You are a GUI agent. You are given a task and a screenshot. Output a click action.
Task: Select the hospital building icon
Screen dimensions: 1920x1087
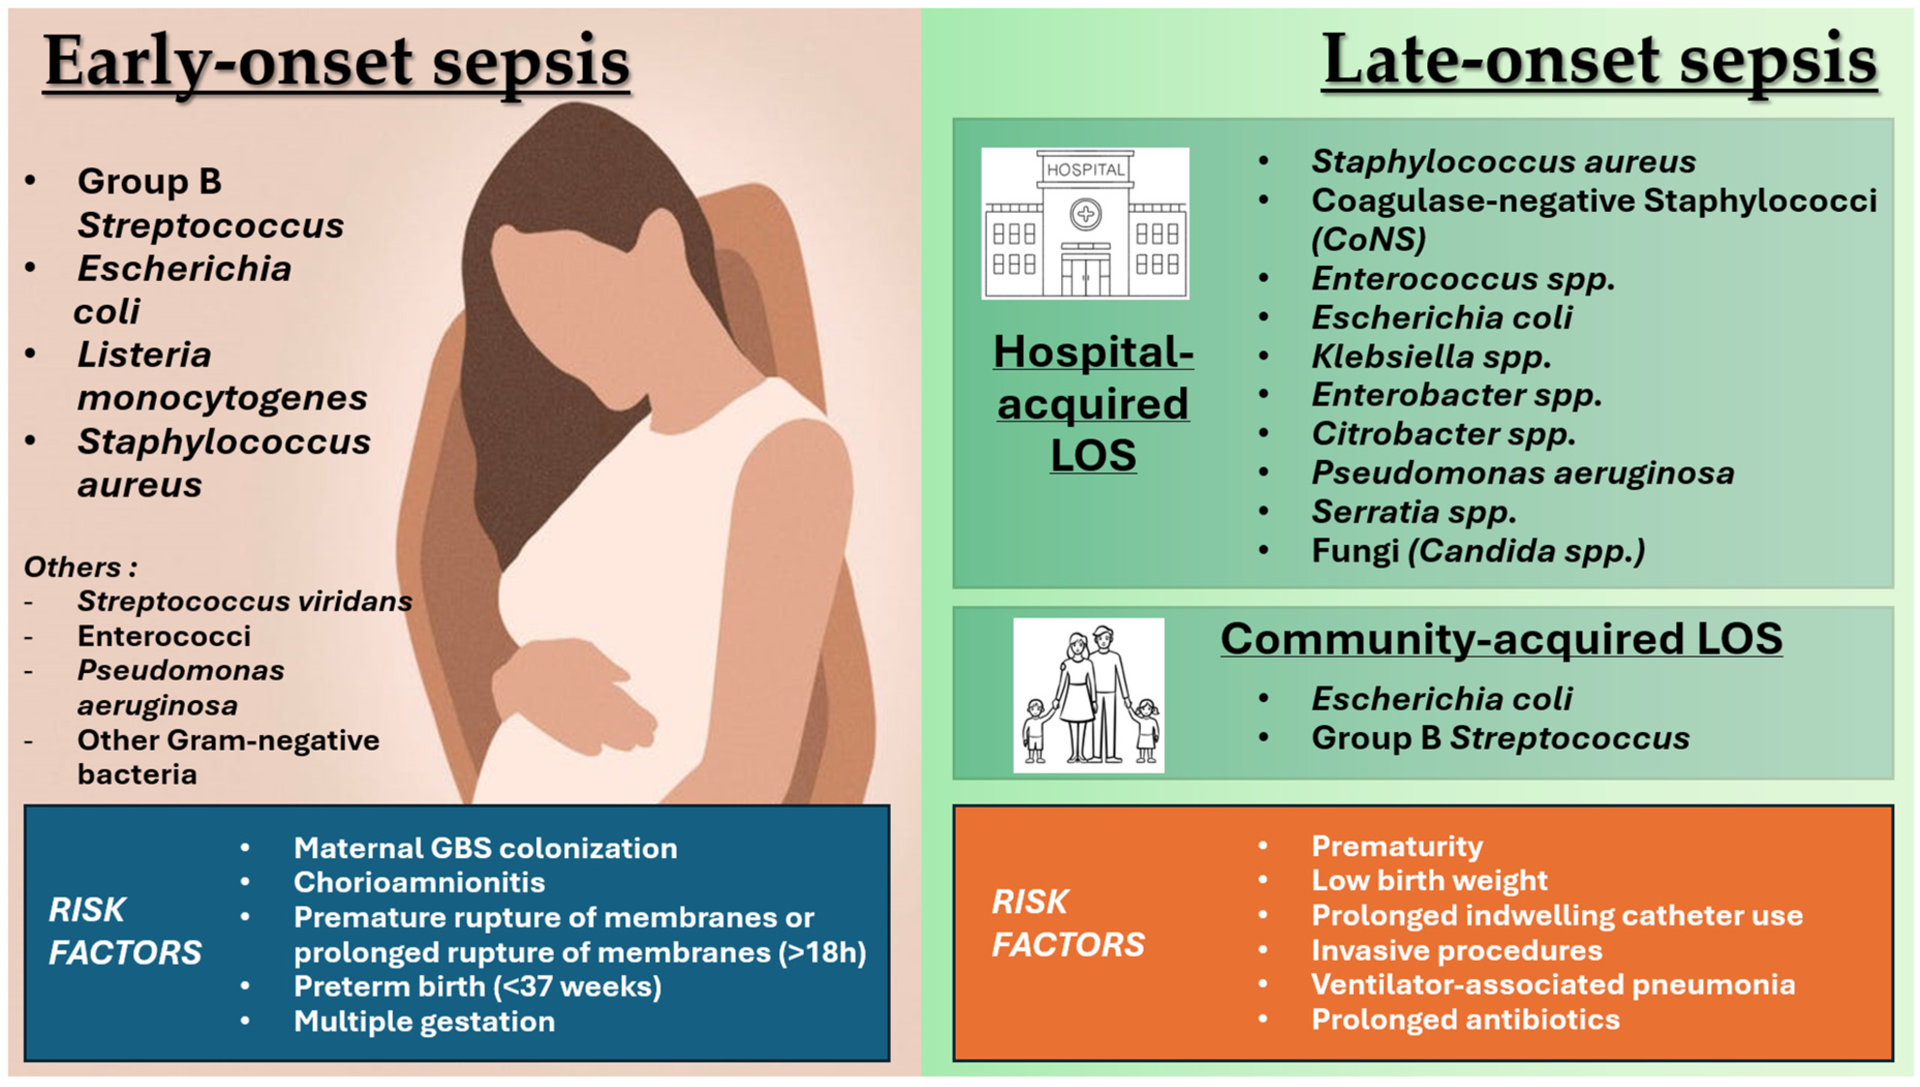click(1084, 223)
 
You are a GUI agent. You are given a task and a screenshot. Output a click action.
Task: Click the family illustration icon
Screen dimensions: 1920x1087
click(1089, 695)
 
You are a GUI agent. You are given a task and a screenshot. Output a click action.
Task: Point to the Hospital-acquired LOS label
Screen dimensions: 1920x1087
click(1093, 403)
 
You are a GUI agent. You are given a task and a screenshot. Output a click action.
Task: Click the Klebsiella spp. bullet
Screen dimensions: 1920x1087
click(1431, 356)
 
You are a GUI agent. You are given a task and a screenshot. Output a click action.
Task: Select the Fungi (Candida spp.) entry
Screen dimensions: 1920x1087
click(1478, 551)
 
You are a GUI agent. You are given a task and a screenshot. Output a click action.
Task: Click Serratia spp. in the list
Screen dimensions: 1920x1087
click(1414, 512)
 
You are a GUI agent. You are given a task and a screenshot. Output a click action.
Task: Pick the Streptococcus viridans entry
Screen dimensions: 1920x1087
click(245, 601)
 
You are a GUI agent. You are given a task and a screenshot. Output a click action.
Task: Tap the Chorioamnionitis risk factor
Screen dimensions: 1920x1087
click(419, 882)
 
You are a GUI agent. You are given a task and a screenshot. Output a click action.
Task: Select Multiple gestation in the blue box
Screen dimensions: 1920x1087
click(424, 1021)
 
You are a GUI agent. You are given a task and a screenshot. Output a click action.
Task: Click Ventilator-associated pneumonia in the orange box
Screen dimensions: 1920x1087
click(1553, 985)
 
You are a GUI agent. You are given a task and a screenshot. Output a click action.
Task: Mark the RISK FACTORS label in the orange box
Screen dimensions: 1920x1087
click(1068, 923)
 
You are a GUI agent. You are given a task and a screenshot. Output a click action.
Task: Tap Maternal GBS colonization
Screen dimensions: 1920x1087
click(485, 848)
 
